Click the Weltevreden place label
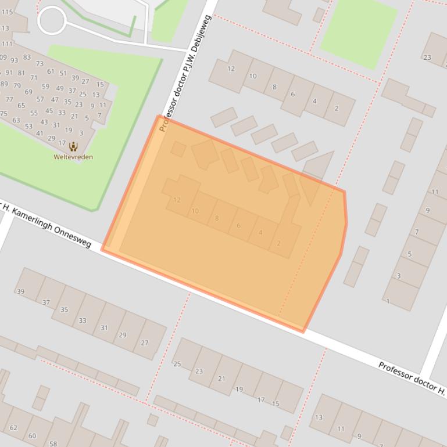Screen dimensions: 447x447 [73, 157]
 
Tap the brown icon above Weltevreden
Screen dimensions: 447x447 [73, 146]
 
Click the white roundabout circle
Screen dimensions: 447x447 [52, 20]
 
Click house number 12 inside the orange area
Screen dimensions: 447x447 [177, 200]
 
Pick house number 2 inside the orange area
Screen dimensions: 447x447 [278, 243]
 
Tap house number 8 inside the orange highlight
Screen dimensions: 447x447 [217, 218]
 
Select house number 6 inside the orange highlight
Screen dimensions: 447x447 [238, 226]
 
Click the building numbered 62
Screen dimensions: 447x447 [13, 428]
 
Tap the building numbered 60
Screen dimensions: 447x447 [32, 436]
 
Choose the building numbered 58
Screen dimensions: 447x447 [53, 443]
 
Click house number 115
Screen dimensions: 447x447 [7, 12]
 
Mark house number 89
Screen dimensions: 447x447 [5, 84]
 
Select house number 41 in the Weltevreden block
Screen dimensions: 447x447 [40, 134]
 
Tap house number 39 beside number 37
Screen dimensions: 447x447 [21, 291]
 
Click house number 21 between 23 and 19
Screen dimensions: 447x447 [221, 378]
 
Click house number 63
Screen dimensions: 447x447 [16, 120]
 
